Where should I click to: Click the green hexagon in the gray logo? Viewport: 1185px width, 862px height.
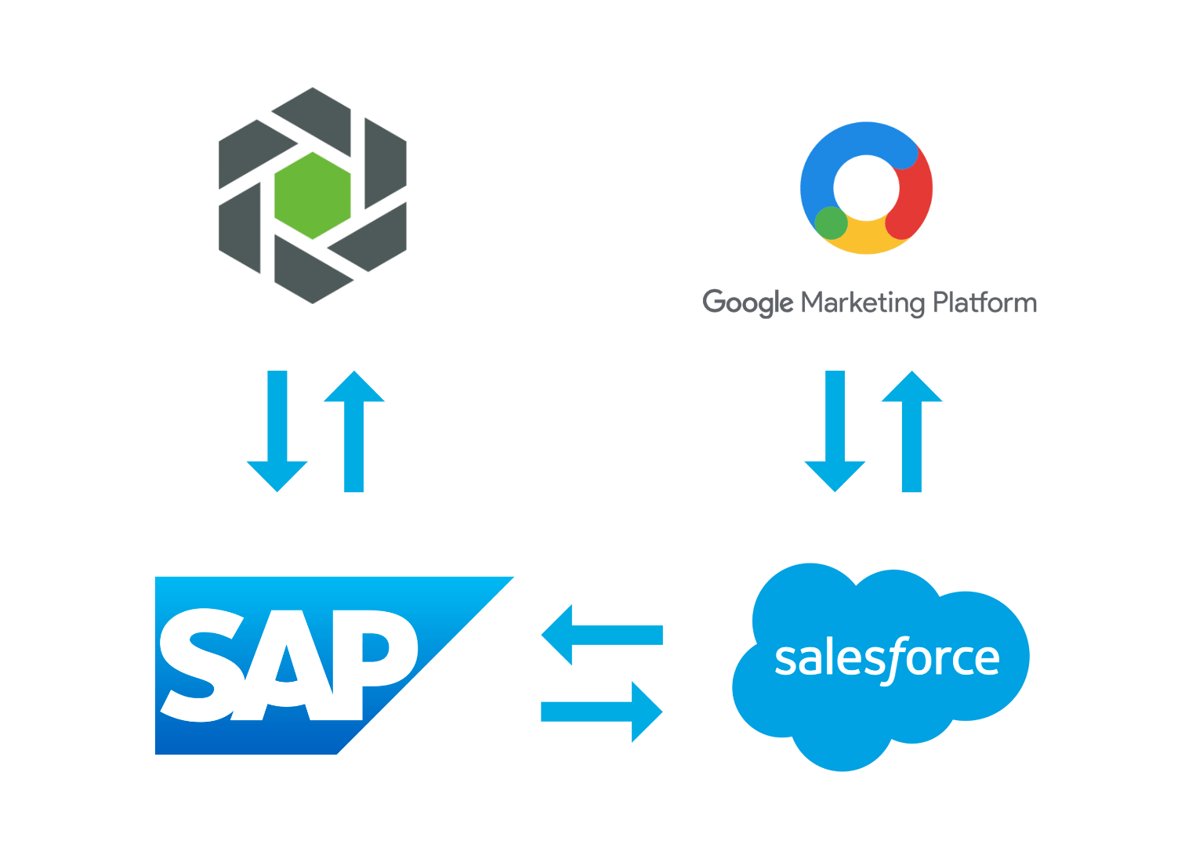coord(313,195)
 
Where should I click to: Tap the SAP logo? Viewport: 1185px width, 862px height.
coord(313,666)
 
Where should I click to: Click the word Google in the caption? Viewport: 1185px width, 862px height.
coord(748,302)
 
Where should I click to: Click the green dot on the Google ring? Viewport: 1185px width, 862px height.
coord(831,223)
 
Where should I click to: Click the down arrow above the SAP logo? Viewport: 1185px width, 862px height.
coord(277,431)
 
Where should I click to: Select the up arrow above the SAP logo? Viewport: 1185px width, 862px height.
coord(354,431)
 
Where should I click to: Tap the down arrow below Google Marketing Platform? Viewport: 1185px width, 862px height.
coord(835,431)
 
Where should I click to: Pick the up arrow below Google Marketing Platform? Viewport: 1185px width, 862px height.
coord(911,431)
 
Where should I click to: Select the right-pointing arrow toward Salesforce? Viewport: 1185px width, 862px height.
coord(602,712)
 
